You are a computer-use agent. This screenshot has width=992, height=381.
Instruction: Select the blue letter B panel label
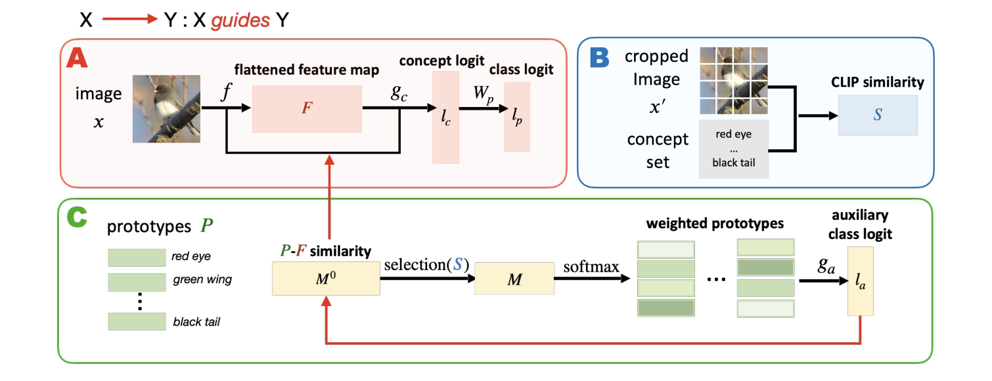[599, 58]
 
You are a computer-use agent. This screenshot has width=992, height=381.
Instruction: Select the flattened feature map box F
[306, 108]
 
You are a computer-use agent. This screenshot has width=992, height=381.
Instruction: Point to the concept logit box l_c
[446, 116]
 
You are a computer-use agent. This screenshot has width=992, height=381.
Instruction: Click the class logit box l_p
[516, 116]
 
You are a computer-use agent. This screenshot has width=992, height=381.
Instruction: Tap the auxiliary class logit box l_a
[861, 281]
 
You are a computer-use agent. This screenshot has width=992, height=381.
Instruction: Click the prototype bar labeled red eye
[137, 257]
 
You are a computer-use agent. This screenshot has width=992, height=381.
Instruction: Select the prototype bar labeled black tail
[137, 321]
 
